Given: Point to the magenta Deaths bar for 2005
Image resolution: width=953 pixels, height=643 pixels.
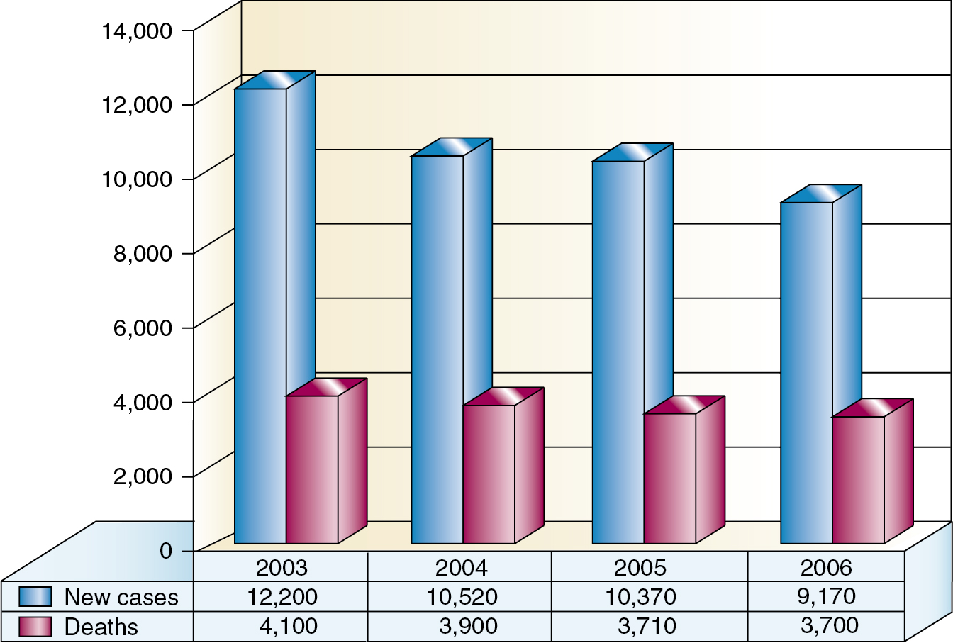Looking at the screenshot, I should click(x=669, y=478).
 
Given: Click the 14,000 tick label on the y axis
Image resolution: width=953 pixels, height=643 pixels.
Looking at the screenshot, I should click(x=137, y=31).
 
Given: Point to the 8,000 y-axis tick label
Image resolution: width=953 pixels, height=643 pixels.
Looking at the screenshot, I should click(x=143, y=253).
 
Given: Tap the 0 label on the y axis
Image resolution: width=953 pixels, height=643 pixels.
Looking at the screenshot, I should click(x=166, y=551).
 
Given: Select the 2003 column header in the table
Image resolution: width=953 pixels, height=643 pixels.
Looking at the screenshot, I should click(x=282, y=567).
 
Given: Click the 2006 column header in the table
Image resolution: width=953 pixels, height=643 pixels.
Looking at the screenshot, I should click(x=826, y=567).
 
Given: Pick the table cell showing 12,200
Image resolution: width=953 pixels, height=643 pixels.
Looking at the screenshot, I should click(x=282, y=597).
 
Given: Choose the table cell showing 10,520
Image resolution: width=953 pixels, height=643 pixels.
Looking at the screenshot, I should click(x=462, y=597).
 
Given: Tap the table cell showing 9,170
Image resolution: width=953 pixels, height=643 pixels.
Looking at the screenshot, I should click(x=826, y=596).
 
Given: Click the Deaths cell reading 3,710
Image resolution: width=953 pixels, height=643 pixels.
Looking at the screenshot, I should click(x=641, y=627).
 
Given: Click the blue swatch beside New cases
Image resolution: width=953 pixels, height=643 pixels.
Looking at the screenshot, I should click(x=35, y=597).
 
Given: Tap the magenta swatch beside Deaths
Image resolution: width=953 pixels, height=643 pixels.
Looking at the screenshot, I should click(x=35, y=627).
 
